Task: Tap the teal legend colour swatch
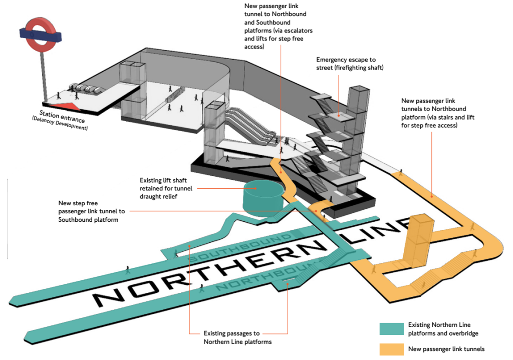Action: pos(391,328)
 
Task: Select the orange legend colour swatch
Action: pos(391,348)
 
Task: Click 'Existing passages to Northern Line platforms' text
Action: pos(237,337)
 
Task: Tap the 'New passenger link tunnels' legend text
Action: pos(446,349)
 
